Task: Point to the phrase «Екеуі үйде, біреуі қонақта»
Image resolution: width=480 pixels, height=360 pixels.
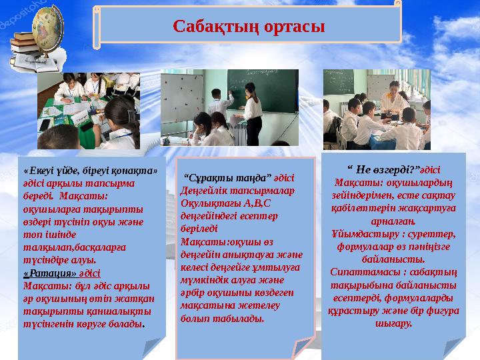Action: [90, 170]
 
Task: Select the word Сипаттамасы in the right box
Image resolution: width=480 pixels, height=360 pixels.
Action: [362, 273]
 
